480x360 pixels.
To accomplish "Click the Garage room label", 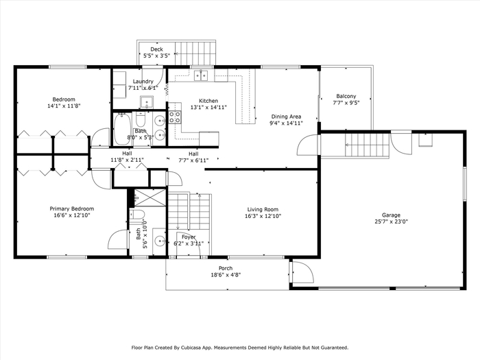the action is pyautogui.click(x=391, y=215).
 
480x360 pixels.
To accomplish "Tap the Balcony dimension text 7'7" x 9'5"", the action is pyautogui.click(x=346, y=103).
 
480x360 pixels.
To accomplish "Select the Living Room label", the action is pyautogui.click(x=263, y=209).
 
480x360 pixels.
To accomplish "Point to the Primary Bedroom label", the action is pyautogui.click(x=72, y=208).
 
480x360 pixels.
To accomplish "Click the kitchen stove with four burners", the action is pyautogui.click(x=175, y=117).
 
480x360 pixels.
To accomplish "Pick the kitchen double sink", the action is pyautogui.click(x=201, y=75).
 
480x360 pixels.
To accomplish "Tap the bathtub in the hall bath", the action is pyautogui.click(x=122, y=129).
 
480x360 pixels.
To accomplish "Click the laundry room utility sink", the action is pyautogui.click(x=147, y=102).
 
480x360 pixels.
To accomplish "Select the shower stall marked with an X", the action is pyautogui.click(x=150, y=197).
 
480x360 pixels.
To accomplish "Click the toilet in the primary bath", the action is pyautogui.click(x=137, y=215).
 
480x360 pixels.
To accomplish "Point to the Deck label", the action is pyautogui.click(x=156, y=49).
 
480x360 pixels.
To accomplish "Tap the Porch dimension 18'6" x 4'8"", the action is pyautogui.click(x=226, y=275).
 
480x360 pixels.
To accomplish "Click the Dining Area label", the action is pyautogui.click(x=286, y=117).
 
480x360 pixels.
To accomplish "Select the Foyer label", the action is pyautogui.click(x=189, y=237).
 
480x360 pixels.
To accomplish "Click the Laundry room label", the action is pyautogui.click(x=143, y=82).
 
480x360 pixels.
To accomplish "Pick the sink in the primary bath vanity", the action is pyautogui.click(x=160, y=242).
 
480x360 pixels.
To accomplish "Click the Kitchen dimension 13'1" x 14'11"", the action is pyautogui.click(x=208, y=108).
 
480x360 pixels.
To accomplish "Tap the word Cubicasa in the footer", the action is pyautogui.click(x=191, y=348).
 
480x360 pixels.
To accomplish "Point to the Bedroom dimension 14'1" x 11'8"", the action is pyautogui.click(x=64, y=106).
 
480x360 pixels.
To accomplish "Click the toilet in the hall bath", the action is pyautogui.click(x=141, y=119).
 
